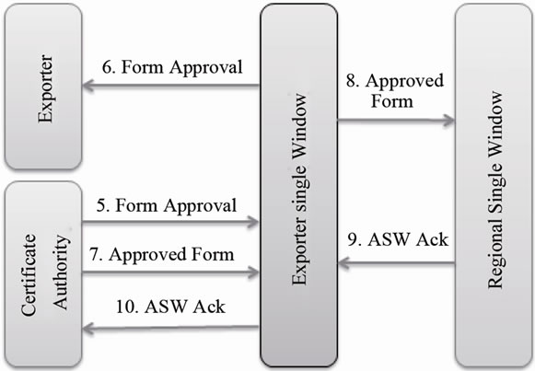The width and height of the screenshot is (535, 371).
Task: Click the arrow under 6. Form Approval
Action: pyautogui.click(x=170, y=87)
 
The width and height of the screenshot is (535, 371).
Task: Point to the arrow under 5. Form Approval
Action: pyautogui.click(x=170, y=222)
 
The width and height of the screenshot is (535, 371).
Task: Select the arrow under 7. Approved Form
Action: pyautogui.click(x=170, y=272)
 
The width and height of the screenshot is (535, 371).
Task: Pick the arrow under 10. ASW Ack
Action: pyautogui.click(x=170, y=326)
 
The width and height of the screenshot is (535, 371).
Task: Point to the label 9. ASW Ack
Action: pyautogui.click(x=399, y=241)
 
